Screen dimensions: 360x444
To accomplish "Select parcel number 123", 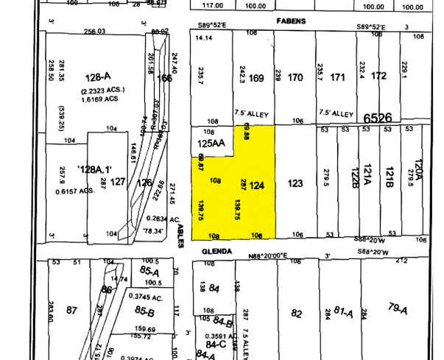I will pos(295,183).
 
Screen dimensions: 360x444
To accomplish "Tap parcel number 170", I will pos(295,77).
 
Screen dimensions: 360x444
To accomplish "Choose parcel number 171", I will pos(338,77).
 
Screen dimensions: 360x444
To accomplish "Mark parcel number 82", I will pos(296,313).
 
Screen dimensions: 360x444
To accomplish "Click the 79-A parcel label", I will pos(398,308).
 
